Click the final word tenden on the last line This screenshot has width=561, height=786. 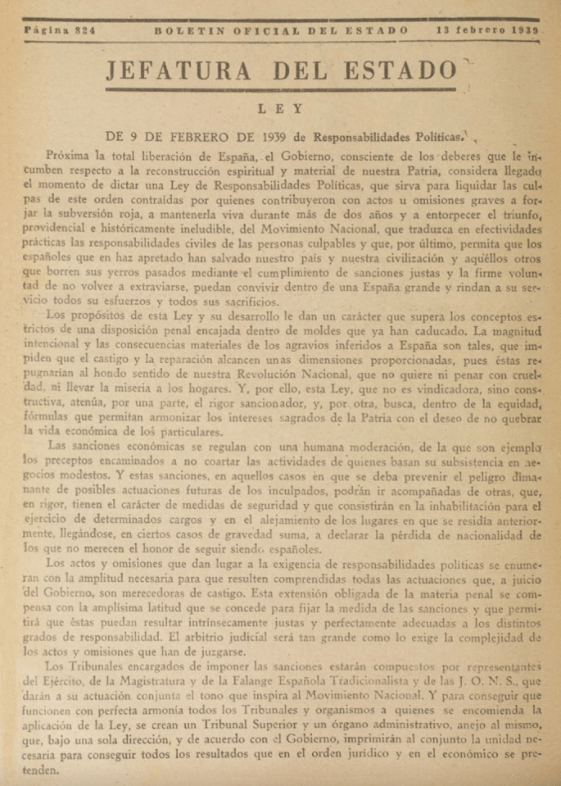(x=42, y=771)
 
